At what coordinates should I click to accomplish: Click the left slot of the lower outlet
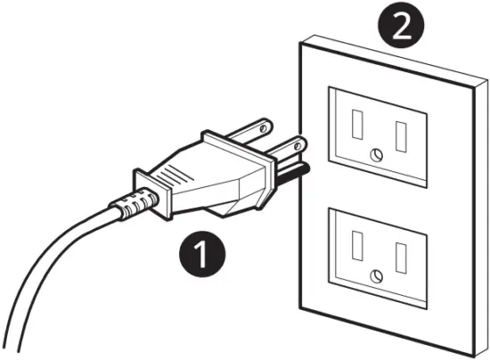359,241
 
